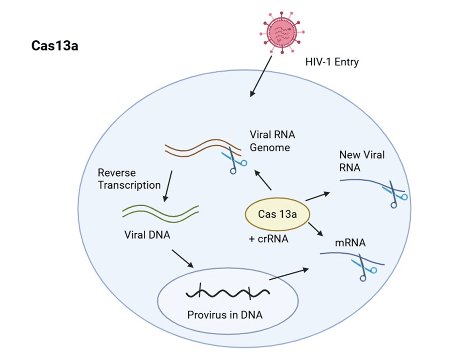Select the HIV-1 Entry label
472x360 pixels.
(x=332, y=62)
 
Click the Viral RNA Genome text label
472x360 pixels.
(x=270, y=140)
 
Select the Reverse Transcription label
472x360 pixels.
(x=129, y=179)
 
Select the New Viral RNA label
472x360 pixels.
(x=362, y=161)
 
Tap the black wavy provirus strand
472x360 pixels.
(x=228, y=293)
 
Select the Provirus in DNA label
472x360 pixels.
(x=225, y=315)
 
